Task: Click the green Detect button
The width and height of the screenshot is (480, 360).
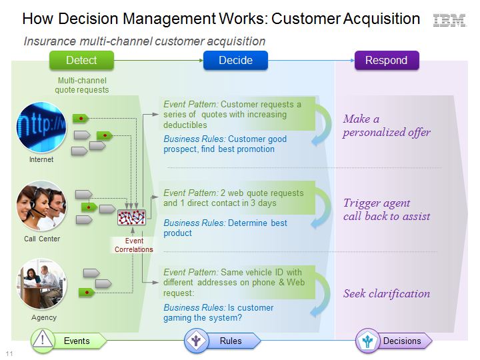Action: pos(81,60)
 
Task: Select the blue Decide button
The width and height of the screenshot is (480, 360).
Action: pos(235,60)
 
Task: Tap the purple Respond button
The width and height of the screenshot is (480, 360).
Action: pos(387,60)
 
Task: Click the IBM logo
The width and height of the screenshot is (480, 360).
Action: pos(449,20)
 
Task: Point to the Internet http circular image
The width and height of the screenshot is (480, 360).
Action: pos(41,127)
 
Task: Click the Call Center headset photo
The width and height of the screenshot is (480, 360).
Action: pos(41,206)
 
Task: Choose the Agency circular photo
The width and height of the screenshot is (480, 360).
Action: pos(41,284)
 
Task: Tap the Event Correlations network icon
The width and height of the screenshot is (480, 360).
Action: pos(131,217)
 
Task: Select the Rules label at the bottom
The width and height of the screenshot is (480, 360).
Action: pos(231,341)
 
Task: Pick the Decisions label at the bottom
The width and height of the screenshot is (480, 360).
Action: pos(402,341)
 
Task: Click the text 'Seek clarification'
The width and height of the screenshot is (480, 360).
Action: pos(387,293)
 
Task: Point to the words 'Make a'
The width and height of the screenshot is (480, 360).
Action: pos(361,119)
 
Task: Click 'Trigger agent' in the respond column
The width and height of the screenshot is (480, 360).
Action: pos(377,203)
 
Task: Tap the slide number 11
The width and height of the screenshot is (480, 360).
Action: pos(9,353)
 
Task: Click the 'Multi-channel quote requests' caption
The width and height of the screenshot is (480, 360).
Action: pos(82,85)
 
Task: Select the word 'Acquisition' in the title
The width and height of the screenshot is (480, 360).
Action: pos(381,19)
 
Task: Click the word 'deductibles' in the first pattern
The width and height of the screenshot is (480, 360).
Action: pos(185,125)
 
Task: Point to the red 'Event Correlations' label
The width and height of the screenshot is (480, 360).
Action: pos(134,245)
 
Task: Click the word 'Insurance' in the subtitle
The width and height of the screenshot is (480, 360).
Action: pos(50,41)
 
